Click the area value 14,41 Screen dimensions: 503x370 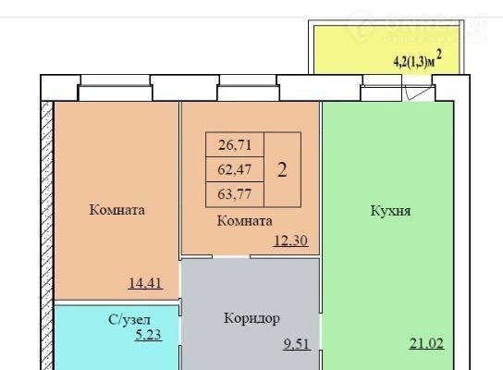pyautogui.click(x=145, y=283)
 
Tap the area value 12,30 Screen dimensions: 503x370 pyautogui.click(x=291, y=240)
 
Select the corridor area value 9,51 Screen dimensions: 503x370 pyautogui.click(x=297, y=344)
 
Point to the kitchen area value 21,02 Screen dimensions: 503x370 pyautogui.click(x=426, y=343)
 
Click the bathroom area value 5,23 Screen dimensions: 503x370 pyautogui.click(x=148, y=335)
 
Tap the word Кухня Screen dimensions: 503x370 pyautogui.click(x=390, y=211)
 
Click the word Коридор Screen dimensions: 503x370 pyautogui.click(x=251, y=318)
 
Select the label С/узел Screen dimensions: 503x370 pyautogui.click(x=129, y=320)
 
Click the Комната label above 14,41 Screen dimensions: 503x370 pyautogui.click(x=117, y=210)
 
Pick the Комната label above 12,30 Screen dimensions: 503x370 pyautogui.click(x=245, y=221)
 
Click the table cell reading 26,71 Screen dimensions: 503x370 pyautogui.click(x=235, y=144)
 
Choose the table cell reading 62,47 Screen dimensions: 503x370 pyautogui.click(x=235, y=169)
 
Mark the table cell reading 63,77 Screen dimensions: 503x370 pyautogui.click(x=235, y=194)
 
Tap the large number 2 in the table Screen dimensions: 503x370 pyautogui.click(x=282, y=170)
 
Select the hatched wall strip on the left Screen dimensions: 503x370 pyautogui.click(x=47, y=236)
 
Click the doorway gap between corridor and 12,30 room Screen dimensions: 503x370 pyautogui.click(x=231, y=256)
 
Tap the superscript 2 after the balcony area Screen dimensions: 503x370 pyautogui.click(x=439, y=55)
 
